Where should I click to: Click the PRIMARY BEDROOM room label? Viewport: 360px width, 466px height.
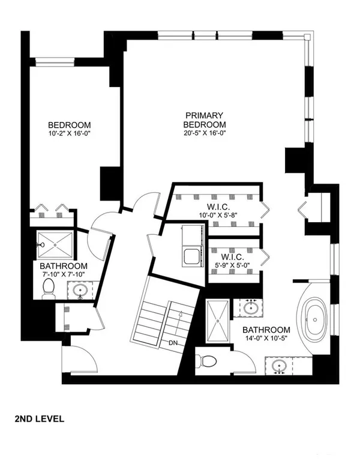pos(205,120)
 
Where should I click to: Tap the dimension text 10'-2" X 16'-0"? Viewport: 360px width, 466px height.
pos(69,134)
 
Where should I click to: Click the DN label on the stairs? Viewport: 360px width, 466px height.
pos(173,343)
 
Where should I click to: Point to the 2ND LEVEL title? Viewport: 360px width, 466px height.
pos(39,419)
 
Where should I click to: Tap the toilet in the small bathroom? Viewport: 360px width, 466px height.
pos(48,289)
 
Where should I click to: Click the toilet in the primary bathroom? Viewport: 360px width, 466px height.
pos(208,362)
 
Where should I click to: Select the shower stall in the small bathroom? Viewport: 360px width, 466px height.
pos(55,245)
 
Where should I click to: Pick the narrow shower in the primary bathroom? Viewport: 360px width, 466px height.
pos(218,321)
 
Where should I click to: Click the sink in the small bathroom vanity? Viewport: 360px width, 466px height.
pos(79,289)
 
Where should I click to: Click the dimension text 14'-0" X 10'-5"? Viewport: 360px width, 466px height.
pos(266,338)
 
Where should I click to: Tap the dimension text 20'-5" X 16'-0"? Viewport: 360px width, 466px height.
pos(205,133)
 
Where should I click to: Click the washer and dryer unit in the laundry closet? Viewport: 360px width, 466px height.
pos(193,246)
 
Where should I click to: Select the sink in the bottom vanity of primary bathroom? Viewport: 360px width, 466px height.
pos(279,365)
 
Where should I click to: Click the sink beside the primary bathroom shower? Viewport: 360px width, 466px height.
pos(251,308)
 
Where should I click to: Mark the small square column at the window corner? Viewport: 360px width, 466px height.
pos(307,37)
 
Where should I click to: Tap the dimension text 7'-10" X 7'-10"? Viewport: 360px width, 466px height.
pos(64,274)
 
